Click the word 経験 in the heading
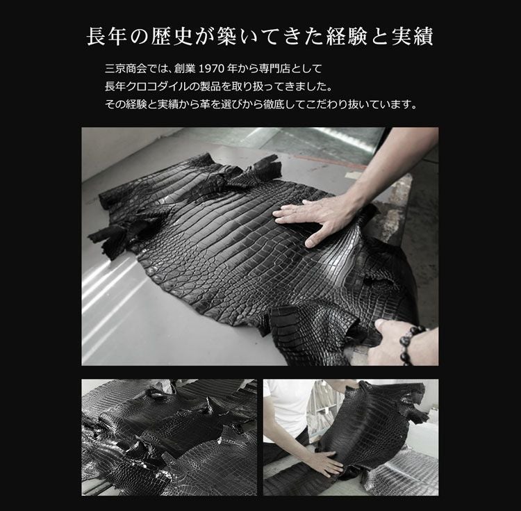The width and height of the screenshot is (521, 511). (347, 36)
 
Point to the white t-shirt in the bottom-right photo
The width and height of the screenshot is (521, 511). (285, 409)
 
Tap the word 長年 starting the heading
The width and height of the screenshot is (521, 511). (107, 36)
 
